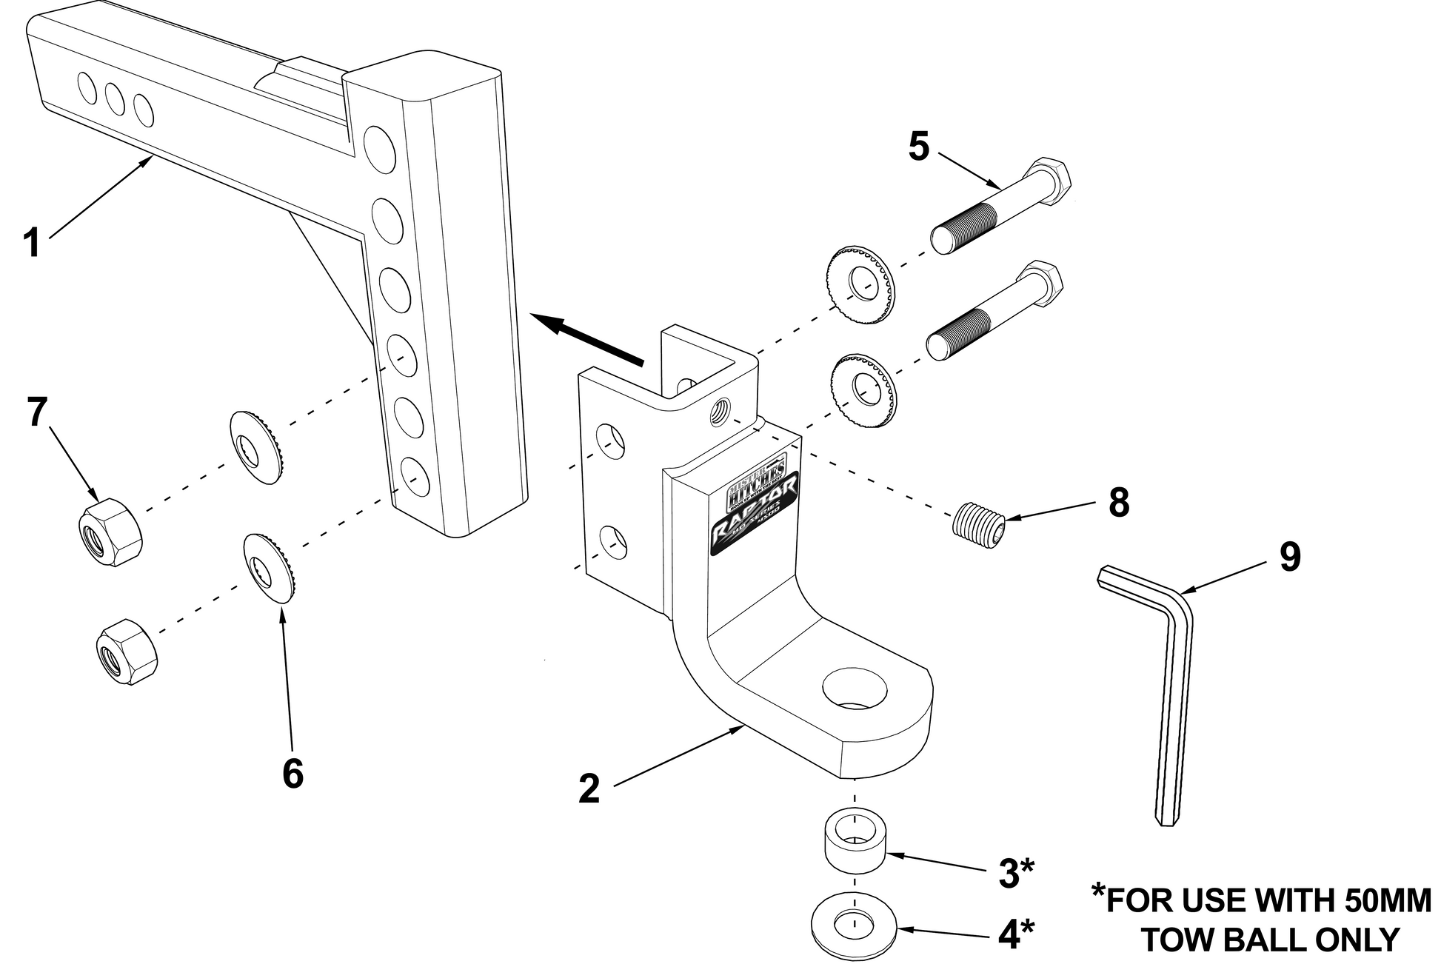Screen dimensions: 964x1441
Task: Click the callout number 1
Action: click(31, 243)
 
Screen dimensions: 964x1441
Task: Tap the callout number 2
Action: click(589, 789)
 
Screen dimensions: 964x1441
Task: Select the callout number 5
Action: click(919, 147)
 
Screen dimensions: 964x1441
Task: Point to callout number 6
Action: click(293, 774)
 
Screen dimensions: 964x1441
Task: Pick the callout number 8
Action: click(1119, 503)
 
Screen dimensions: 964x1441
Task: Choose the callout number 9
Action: click(1290, 557)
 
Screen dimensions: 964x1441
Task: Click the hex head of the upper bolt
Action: click(1052, 180)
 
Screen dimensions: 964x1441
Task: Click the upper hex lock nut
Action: click(110, 530)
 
